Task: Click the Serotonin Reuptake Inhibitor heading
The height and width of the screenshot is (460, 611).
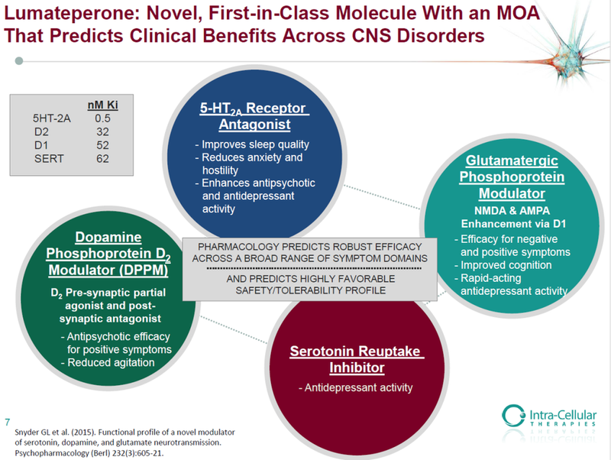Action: [356, 361]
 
